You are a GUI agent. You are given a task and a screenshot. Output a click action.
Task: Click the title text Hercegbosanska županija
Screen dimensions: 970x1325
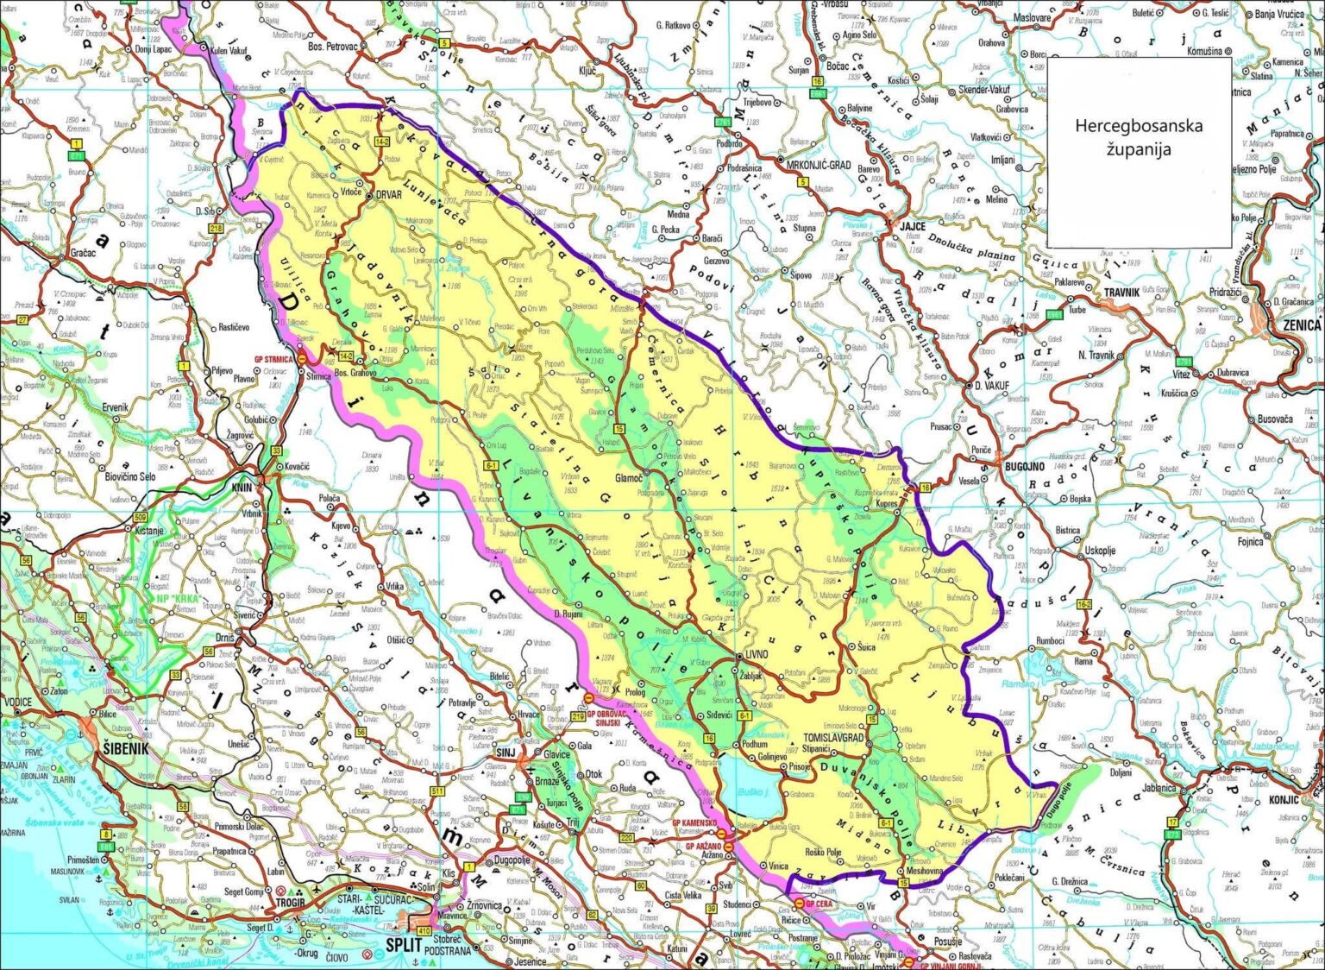pos(1138,136)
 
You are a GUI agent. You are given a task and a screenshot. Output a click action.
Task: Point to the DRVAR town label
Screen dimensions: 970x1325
pos(388,195)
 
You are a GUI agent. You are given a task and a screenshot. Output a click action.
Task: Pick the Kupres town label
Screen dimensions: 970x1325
pos(887,503)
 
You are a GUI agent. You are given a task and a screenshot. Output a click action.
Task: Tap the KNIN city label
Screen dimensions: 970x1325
pos(242,488)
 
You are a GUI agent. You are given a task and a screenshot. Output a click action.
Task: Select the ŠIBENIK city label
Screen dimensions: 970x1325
pos(127,748)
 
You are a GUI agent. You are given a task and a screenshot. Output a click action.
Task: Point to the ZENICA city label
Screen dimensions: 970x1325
pos(1302,325)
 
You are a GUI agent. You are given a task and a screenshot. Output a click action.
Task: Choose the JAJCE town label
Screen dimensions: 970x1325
pos(912,226)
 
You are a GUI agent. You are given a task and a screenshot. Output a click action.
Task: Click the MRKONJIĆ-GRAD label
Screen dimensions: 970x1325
pos(818,164)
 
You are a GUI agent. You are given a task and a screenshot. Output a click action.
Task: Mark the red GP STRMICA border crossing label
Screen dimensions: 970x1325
pos(274,360)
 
